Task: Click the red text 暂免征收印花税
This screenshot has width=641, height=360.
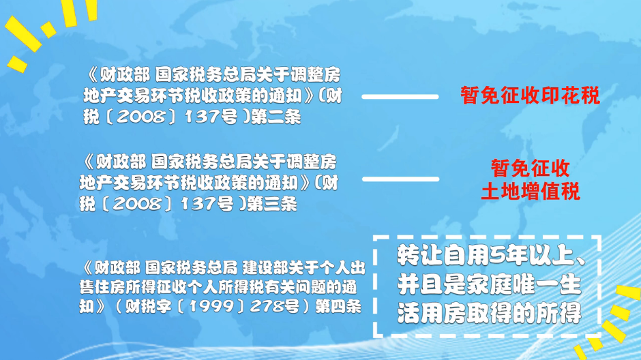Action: coord(530,95)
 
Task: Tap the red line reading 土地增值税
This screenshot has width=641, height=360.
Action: coord(531,191)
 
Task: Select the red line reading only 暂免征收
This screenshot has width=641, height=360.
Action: coord(531,168)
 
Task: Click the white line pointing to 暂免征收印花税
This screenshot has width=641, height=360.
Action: coord(400,97)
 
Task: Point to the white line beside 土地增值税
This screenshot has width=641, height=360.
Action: coord(400,179)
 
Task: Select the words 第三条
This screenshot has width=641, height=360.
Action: coord(272,203)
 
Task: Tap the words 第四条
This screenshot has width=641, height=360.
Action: coord(338,306)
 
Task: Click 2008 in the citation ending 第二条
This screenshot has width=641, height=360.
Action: coord(140,117)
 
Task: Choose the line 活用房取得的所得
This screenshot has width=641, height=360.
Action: coord(490,314)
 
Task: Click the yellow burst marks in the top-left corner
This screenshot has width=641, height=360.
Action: coord(48,31)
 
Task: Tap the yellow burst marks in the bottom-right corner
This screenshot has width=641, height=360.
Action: coord(606,322)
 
